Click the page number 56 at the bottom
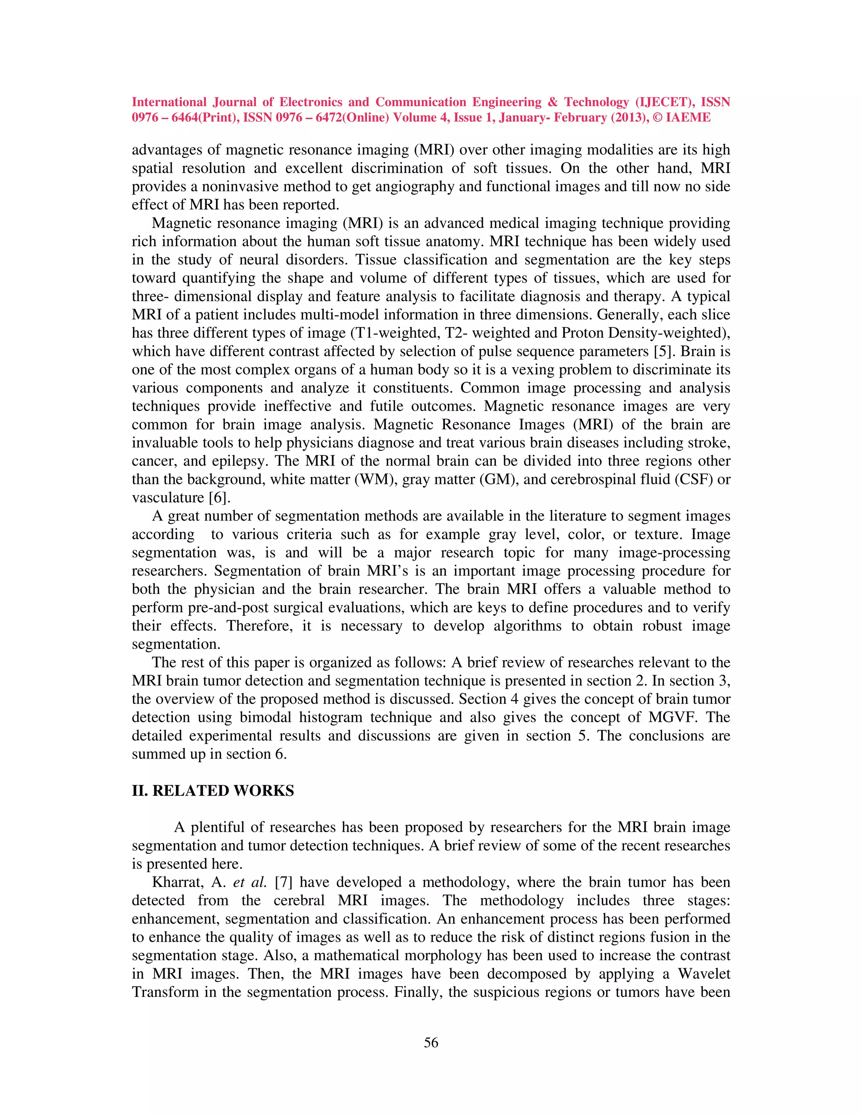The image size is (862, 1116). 431,1043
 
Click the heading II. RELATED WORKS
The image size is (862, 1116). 213,790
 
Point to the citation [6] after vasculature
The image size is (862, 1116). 219,498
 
